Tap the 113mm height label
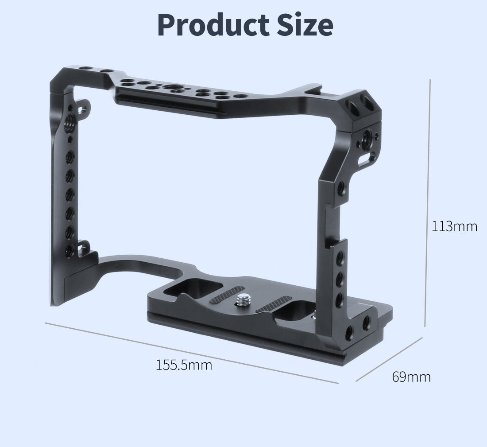click(x=455, y=226)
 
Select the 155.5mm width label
click(x=184, y=365)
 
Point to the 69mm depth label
click(x=411, y=377)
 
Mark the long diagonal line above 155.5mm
click(x=190, y=352)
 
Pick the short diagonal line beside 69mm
click(x=389, y=359)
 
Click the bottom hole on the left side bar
click(x=69, y=250)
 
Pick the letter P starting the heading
click(x=167, y=26)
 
